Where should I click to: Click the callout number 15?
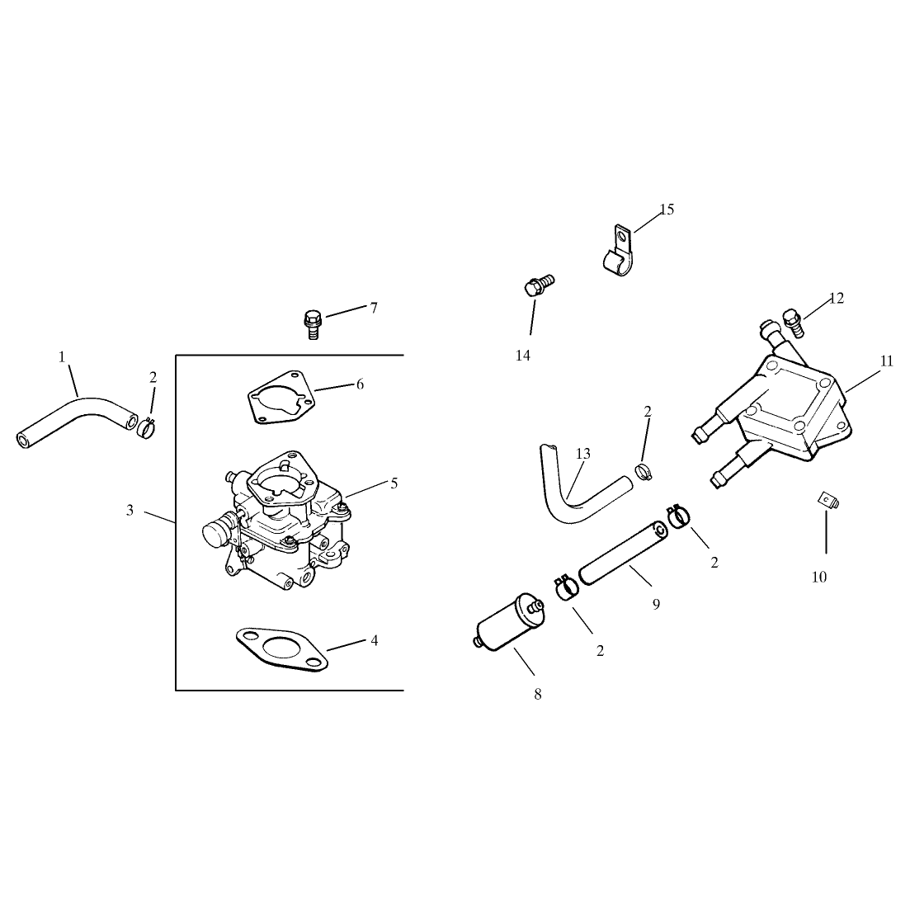tap(667, 210)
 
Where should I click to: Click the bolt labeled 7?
tap(312, 324)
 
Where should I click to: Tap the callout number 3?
tap(130, 510)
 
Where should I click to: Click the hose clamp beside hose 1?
tap(148, 429)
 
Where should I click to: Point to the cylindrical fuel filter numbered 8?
tap(508, 622)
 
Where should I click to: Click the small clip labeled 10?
tap(829, 500)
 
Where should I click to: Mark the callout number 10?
tap(819, 577)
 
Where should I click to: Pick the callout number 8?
tap(537, 694)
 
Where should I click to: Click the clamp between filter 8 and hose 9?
tap(567, 587)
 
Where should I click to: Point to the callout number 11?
tap(886, 361)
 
